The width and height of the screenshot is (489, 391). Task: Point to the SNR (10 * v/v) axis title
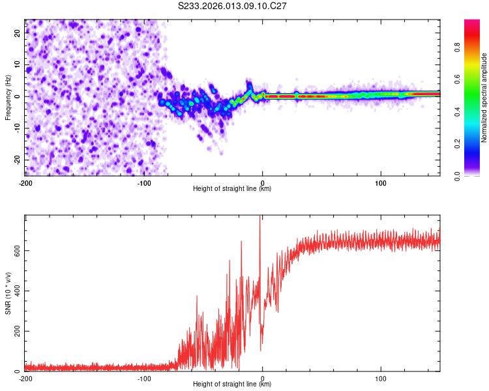click(x=8, y=293)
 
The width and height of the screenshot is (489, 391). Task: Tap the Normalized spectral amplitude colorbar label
click(x=484, y=98)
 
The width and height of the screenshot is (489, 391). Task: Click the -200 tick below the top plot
click(x=25, y=182)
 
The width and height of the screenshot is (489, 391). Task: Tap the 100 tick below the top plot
click(x=381, y=182)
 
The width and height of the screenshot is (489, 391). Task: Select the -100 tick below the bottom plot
click(x=143, y=378)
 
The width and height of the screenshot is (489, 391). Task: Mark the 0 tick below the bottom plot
click(x=262, y=378)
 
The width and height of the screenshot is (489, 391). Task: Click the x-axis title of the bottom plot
click(x=232, y=384)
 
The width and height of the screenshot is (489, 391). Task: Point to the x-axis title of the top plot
click(x=232, y=189)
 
